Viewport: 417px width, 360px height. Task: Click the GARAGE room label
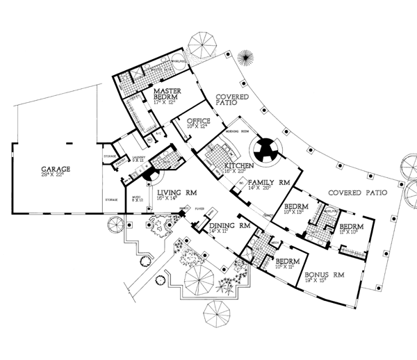(58, 169)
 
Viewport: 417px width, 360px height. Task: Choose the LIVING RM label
(177, 193)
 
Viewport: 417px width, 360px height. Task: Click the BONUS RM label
(325, 275)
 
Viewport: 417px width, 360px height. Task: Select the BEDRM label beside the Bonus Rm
(289, 259)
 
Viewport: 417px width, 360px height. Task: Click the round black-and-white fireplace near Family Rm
(265, 149)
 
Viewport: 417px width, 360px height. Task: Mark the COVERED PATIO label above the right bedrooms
(356, 192)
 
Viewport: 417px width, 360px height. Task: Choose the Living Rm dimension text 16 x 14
(170, 199)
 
